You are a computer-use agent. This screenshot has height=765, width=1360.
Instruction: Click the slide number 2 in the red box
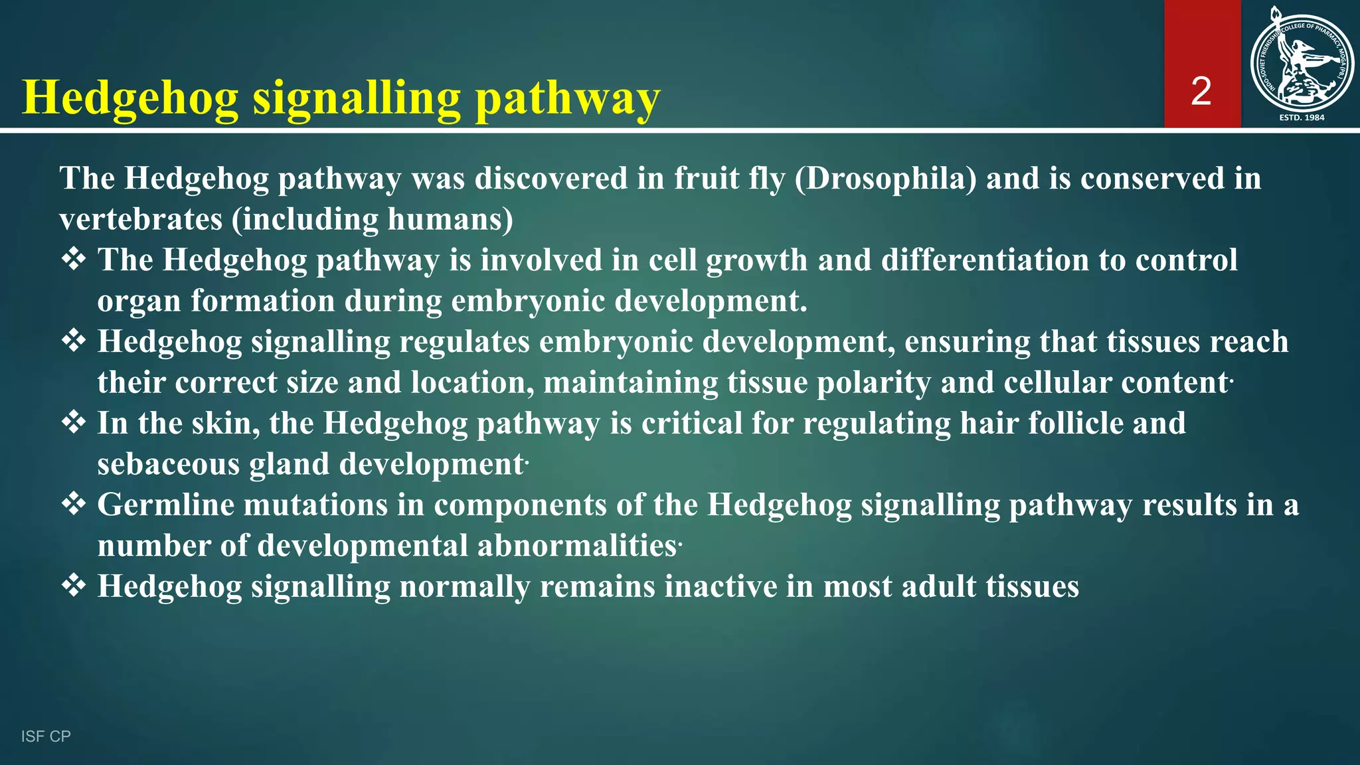point(1201,91)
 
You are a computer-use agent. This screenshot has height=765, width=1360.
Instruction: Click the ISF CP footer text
point(46,736)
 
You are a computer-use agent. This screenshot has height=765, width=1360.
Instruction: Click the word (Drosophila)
point(885,179)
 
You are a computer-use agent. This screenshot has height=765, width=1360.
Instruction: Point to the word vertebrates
point(141,220)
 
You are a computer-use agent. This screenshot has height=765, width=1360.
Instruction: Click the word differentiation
point(985,260)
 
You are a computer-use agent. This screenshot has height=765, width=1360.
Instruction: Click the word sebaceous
point(168,464)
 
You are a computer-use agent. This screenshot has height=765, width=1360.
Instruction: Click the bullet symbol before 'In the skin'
point(74,422)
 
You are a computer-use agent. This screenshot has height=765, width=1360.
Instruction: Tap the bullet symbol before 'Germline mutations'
point(74,504)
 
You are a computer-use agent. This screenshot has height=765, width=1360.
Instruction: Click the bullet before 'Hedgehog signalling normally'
point(74,586)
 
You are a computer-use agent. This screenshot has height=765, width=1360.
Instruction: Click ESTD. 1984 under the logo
point(1302,118)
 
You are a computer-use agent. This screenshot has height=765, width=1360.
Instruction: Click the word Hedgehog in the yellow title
point(130,98)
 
